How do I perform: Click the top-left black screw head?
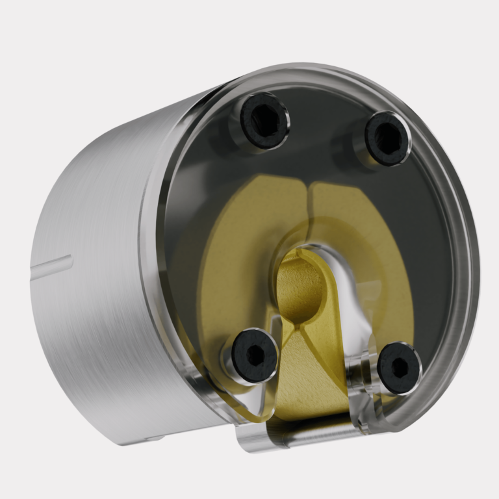point(264,120)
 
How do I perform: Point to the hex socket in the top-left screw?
point(264,119)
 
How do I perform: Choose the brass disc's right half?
point(364,247)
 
